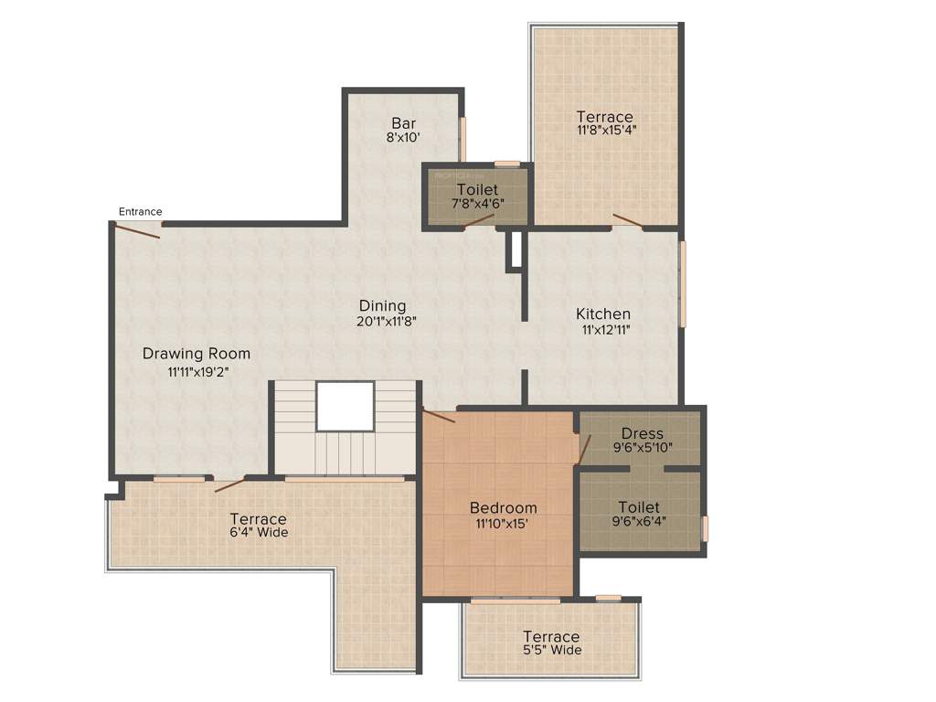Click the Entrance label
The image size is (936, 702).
pyautogui.click(x=140, y=212)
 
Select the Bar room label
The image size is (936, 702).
pyautogui.click(x=404, y=123)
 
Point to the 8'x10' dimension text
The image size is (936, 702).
pyautogui.click(x=404, y=138)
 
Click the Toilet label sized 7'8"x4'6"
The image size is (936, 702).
pyautogui.click(x=477, y=189)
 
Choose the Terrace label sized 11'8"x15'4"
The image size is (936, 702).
pyautogui.click(x=604, y=116)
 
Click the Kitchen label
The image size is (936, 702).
pyautogui.click(x=603, y=314)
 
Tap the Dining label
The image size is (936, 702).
pyautogui.click(x=382, y=305)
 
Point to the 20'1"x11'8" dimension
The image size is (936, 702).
pyautogui.click(x=382, y=321)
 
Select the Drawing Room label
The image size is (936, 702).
pyautogui.click(x=197, y=354)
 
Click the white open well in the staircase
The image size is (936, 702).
pyautogui.click(x=345, y=406)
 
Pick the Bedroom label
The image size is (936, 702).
pyautogui.click(x=503, y=507)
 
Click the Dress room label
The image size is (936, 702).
pyautogui.click(x=642, y=432)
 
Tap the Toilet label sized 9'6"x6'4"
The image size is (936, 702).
pyautogui.click(x=640, y=506)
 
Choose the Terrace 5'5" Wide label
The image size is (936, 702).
pyautogui.click(x=551, y=636)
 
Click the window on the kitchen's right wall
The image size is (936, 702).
pyautogui.click(x=682, y=283)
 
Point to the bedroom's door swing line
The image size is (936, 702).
pyautogui.click(x=440, y=416)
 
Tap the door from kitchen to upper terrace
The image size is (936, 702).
pyautogui.click(x=627, y=219)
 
